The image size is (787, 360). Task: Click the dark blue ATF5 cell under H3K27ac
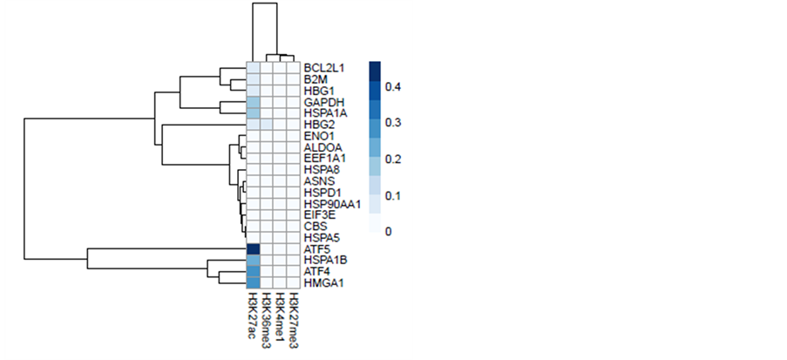pyautogui.click(x=253, y=249)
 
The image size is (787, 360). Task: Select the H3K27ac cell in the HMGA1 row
pyautogui.click(x=253, y=283)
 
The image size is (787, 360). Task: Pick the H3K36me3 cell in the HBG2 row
pyautogui.click(x=267, y=125)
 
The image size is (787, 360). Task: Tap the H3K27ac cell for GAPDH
pyautogui.click(x=253, y=102)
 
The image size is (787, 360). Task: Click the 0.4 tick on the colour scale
pyautogui.click(x=393, y=87)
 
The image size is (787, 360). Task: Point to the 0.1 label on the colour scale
pyautogui.click(x=393, y=195)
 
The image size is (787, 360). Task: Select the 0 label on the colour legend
pyautogui.click(x=389, y=231)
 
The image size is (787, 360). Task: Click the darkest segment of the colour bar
pyautogui.click(x=374, y=69)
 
